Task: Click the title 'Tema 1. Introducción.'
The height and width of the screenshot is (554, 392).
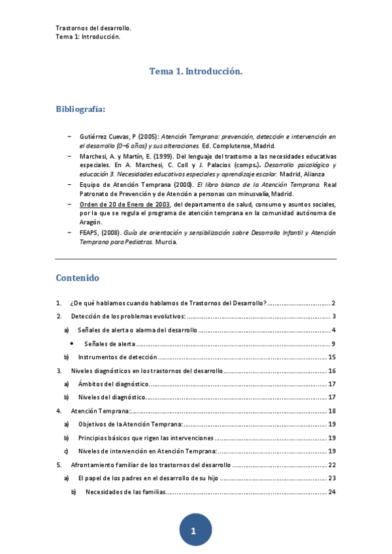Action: (196, 71)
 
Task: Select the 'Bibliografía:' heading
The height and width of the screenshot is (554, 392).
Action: (80, 108)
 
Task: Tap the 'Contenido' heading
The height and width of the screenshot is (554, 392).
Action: (77, 278)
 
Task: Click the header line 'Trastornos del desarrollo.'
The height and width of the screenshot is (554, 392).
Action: (93, 29)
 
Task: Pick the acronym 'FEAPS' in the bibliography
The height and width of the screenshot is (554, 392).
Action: (90, 232)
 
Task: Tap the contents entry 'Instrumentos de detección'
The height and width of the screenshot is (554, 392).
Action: (118, 357)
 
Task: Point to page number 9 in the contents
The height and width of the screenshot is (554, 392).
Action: (333, 344)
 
